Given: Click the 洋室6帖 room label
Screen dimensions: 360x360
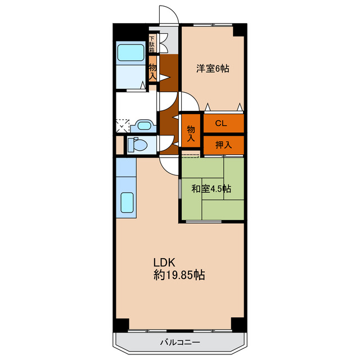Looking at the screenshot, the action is (x=213, y=69).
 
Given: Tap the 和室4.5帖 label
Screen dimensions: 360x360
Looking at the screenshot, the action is (x=211, y=189).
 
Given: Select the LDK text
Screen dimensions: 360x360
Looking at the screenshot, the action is (x=164, y=263).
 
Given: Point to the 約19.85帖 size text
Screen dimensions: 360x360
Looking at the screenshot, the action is (x=179, y=275).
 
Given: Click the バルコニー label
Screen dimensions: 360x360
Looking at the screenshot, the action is (x=180, y=343).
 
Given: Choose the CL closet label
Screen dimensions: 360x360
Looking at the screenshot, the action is (x=221, y=124).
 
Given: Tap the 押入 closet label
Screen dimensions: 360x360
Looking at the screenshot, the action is (x=223, y=145).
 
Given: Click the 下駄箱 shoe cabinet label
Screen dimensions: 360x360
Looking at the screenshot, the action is (x=152, y=44).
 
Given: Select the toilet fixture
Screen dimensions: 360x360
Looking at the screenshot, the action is (x=137, y=145).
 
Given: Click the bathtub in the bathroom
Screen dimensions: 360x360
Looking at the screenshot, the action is (x=130, y=52).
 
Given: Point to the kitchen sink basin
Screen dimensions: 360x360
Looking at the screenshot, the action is (x=127, y=202).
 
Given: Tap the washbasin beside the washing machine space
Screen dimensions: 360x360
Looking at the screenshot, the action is (x=144, y=125).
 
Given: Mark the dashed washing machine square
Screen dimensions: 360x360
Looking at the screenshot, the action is (x=123, y=125).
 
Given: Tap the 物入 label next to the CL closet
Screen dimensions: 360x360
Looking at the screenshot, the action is (x=191, y=133).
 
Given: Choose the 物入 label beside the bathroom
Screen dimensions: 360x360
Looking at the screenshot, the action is (x=152, y=73).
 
